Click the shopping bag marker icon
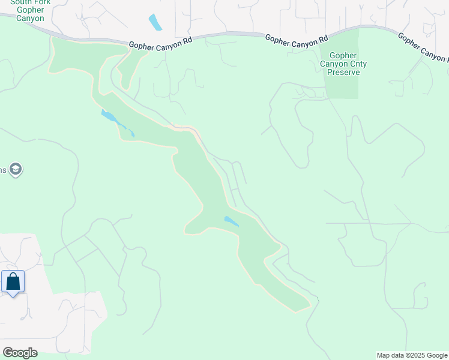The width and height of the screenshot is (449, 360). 13,282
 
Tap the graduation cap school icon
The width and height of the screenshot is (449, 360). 16,170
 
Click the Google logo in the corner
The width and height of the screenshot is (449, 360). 20,353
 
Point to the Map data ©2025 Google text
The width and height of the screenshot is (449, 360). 412,355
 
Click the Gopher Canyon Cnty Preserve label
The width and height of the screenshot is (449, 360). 343,64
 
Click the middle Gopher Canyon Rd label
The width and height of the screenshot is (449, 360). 297,41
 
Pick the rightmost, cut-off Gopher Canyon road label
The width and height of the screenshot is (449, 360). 423,47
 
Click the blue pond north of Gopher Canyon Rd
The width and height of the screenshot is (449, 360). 155,22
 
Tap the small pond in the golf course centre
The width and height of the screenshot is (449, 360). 231,221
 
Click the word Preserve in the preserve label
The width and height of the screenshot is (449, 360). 343,72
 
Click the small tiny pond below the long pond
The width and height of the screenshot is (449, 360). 131,134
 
